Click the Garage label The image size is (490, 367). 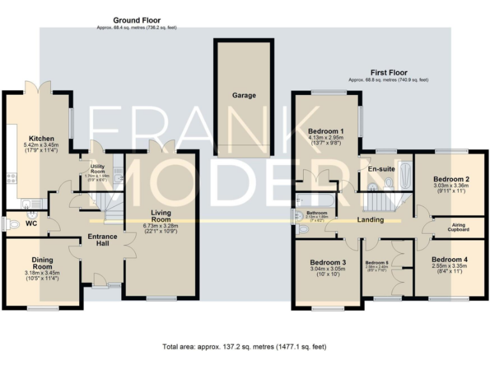(x=244, y=96)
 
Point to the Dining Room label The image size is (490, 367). (x=42, y=264)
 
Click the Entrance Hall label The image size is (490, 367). (x=101, y=240)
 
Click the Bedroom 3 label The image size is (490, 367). (x=328, y=263)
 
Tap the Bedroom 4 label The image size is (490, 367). (x=450, y=259)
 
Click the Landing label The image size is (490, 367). (x=370, y=220)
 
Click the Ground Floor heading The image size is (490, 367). (x=137, y=20)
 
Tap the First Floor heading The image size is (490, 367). (x=389, y=73)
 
